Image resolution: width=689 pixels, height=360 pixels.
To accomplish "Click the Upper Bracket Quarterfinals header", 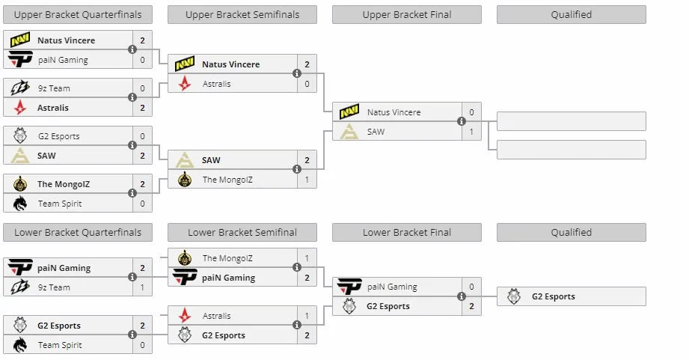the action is (x=78, y=14).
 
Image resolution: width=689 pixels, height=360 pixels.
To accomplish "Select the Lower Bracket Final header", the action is (x=407, y=233).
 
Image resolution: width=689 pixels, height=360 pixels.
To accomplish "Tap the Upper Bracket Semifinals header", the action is (x=242, y=14).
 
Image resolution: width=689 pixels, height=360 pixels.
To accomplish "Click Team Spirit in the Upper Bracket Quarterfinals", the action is (x=60, y=204).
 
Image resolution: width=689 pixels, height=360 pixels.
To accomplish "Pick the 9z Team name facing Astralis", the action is (x=54, y=88).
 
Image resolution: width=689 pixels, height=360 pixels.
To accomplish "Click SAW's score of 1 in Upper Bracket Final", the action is (x=471, y=132).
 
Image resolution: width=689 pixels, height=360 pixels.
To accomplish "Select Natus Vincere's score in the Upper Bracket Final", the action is (x=471, y=112).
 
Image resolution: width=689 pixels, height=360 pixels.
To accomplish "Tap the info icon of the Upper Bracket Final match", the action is (x=462, y=121).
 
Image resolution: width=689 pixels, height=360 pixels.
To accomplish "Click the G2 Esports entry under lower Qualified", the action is (x=572, y=296).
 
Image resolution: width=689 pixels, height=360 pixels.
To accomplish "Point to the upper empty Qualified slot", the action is (x=572, y=121).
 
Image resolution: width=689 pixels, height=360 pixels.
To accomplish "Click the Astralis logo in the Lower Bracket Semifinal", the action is (x=185, y=316).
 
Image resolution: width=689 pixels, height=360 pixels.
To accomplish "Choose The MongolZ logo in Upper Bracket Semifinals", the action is (x=185, y=180).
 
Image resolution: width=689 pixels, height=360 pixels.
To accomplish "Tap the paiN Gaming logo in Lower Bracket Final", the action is (x=349, y=287).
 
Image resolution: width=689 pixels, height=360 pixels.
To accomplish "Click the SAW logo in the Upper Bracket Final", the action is (x=349, y=132).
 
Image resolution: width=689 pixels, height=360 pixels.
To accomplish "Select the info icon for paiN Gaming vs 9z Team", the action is (x=132, y=277).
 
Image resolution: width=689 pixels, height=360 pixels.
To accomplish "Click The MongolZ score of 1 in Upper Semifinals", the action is (x=307, y=180).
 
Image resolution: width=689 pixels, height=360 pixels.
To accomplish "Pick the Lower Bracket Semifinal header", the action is (x=242, y=233).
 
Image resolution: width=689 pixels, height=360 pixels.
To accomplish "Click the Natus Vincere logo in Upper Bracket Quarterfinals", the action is (x=19, y=40).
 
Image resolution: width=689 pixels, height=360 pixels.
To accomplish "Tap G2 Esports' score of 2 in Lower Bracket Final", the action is (x=471, y=306).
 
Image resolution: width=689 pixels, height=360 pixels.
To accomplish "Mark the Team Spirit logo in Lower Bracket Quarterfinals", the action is (x=19, y=345).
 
